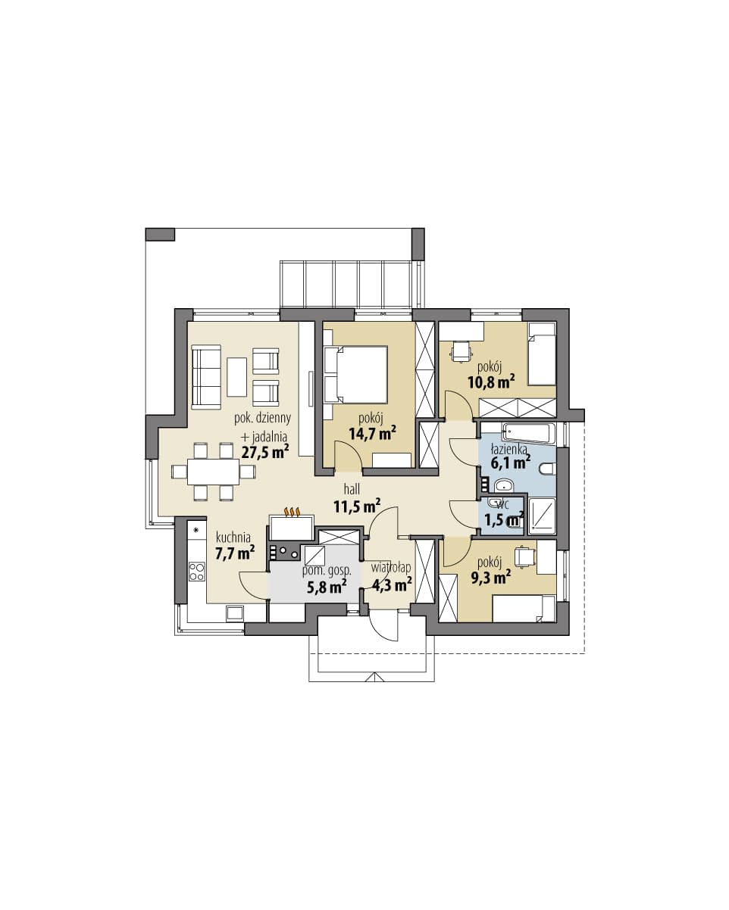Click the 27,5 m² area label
click(265, 452)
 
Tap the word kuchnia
click(233, 537)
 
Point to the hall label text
click(352, 490)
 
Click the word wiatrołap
click(391, 568)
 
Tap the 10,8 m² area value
click(491, 382)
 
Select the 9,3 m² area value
click(490, 577)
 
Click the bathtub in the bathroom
click(528, 433)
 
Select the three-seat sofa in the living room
click(206, 377)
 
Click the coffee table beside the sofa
click(236, 377)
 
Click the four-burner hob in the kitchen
click(196, 571)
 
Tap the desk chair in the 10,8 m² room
click(461, 351)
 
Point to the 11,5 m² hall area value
click(357, 506)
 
